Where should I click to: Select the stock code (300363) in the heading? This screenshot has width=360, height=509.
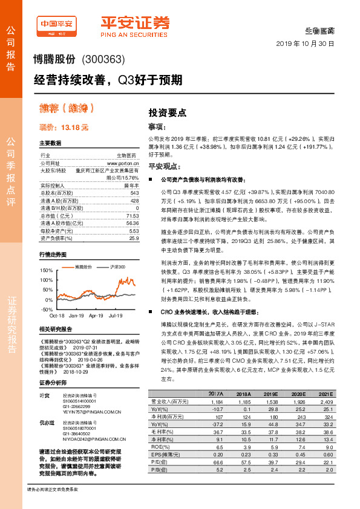(102, 60)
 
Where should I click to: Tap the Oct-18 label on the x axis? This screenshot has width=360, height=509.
(57, 316)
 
